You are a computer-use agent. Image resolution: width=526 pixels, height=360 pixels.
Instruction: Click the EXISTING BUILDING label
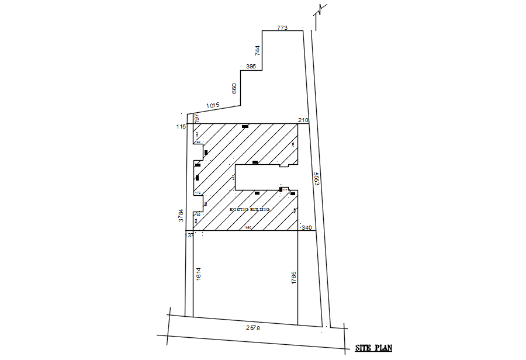pyautogui.click(x=250, y=209)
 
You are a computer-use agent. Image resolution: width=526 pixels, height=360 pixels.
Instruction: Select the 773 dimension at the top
pyautogui.click(x=282, y=27)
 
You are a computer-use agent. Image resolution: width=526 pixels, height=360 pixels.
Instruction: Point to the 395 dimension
pyautogui.click(x=251, y=67)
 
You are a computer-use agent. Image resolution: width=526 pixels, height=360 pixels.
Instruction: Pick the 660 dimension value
pyautogui.click(x=234, y=88)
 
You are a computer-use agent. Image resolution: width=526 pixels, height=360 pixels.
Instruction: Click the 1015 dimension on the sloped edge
pyautogui.click(x=212, y=105)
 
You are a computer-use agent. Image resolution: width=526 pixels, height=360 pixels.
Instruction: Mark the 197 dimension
pyautogui.click(x=197, y=119)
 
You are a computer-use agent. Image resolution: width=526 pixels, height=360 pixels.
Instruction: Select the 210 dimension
pyautogui.click(x=303, y=120)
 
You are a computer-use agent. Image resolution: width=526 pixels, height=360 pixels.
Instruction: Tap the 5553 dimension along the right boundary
pyautogui.click(x=316, y=179)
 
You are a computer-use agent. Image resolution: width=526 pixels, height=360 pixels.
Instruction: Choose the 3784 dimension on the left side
pyautogui.click(x=181, y=216)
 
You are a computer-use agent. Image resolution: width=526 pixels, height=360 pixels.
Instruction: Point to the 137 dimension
pyautogui.click(x=188, y=235)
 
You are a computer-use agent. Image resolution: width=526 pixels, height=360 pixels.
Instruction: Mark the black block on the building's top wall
pyautogui.click(x=245, y=126)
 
